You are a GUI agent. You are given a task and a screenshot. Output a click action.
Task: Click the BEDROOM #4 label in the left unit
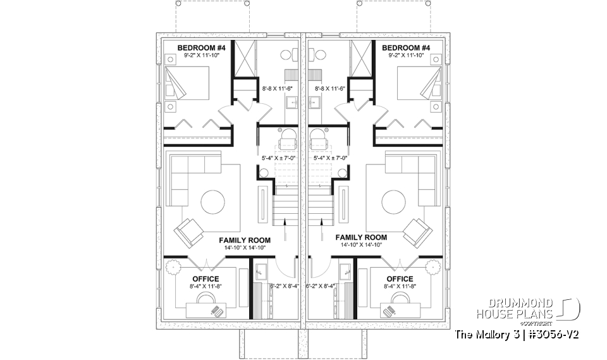point(197,48)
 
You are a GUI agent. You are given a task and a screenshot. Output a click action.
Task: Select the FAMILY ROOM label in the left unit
point(245,240)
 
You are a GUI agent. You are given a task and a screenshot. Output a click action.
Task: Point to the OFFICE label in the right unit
point(400,278)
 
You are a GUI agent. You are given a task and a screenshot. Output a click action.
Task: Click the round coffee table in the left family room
point(212,202)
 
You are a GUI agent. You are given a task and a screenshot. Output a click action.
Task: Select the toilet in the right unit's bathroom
point(316,53)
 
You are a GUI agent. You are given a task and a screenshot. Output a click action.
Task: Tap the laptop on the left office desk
point(218,311)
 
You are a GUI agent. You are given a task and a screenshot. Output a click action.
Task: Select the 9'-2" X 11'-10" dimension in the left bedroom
point(197,56)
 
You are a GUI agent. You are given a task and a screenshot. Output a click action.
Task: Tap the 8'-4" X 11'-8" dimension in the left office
point(205,286)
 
